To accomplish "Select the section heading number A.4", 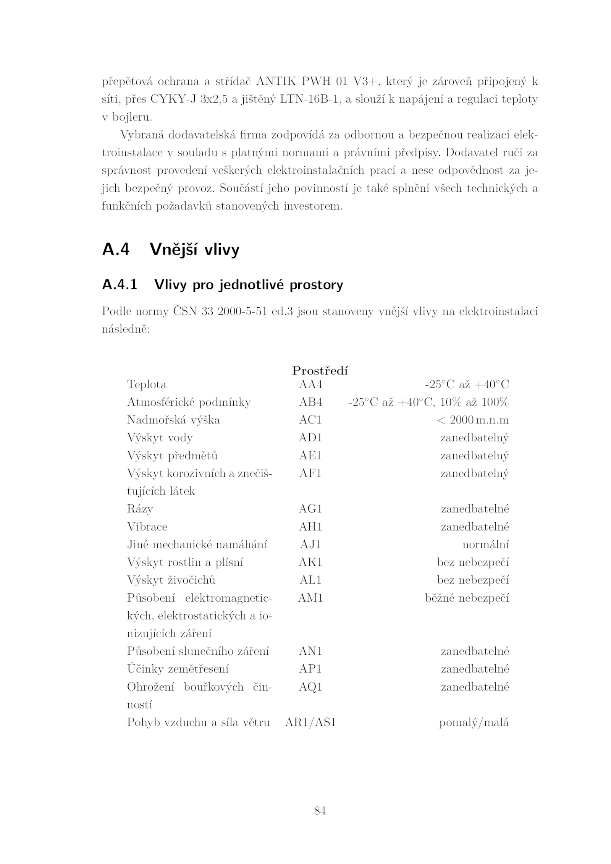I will [x=116, y=249].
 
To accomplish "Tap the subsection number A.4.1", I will [x=120, y=285].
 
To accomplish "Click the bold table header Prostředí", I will [x=320, y=371].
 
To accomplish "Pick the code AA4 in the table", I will [x=310, y=384].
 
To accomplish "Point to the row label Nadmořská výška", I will [x=173, y=420].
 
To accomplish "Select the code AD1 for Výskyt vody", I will [x=310, y=438].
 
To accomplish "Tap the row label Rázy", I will [x=140, y=509].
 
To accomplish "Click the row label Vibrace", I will [x=147, y=527].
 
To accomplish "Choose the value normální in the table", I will [x=485, y=545].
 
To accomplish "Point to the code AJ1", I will [x=310, y=545].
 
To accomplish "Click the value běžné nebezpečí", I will [x=467, y=598].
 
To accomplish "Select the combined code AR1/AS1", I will [x=310, y=723].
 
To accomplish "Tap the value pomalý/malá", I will [x=474, y=723].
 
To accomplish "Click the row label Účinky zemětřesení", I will [x=178, y=669].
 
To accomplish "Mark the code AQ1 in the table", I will [x=310, y=687].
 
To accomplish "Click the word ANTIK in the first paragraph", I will [x=276, y=82].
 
